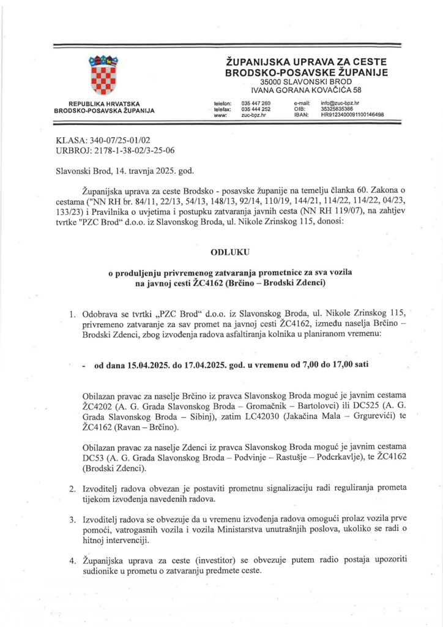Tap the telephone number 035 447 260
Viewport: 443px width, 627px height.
coord(256,103)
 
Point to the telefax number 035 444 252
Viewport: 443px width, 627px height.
coord(256,109)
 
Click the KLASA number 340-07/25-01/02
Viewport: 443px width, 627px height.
coord(116,140)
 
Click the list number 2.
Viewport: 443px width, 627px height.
coord(72,489)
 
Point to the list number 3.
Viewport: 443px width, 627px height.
coord(72,520)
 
